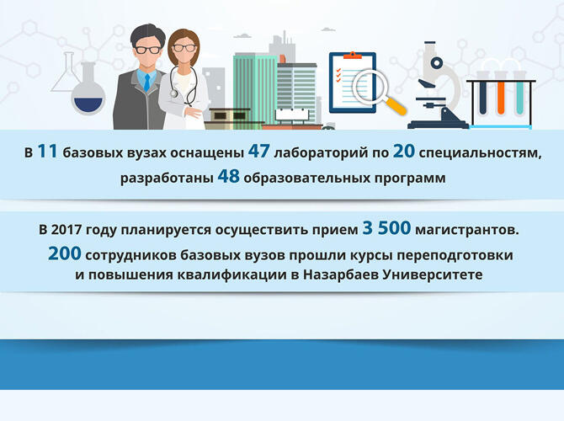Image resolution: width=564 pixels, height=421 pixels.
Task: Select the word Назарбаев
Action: pyautogui.click(x=346, y=275)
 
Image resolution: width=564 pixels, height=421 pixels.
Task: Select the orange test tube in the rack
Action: pyautogui.click(x=500, y=97)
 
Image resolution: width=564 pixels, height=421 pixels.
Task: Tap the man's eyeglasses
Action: pyautogui.click(x=146, y=50)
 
